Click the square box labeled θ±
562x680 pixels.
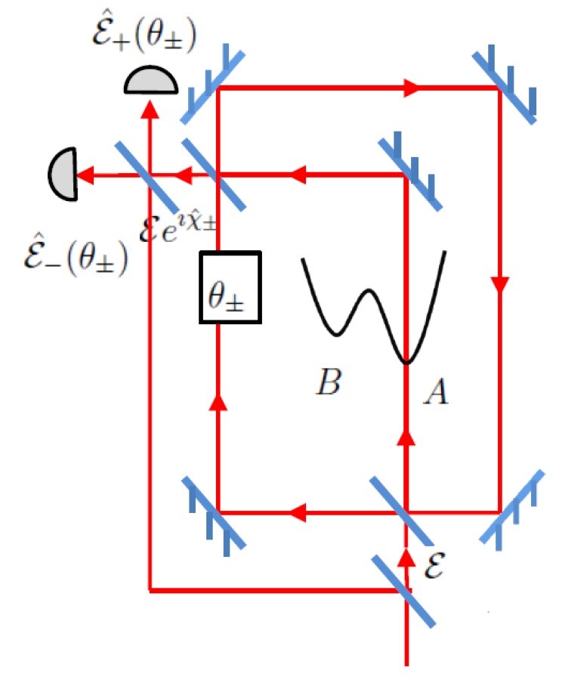230,288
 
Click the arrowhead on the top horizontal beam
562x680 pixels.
411,88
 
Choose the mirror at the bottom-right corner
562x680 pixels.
512,506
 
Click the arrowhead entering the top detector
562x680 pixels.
151,110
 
